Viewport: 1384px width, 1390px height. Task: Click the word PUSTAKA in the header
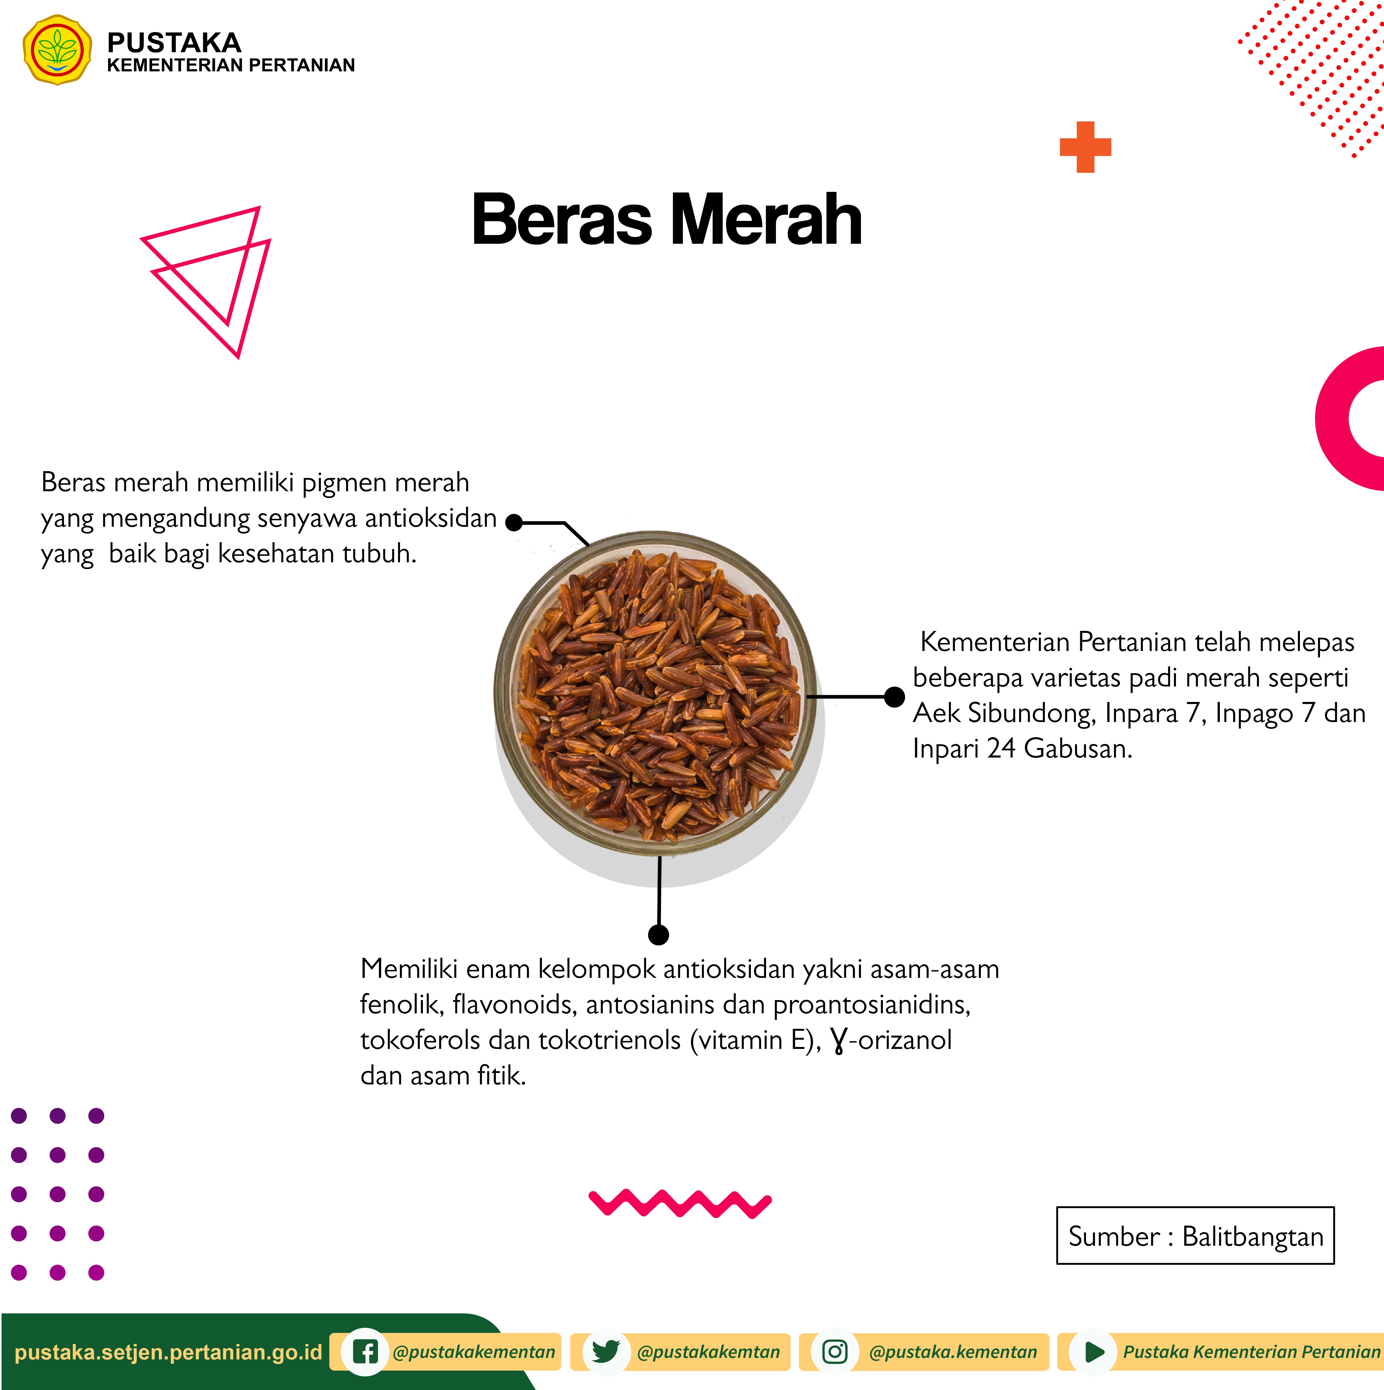tap(174, 42)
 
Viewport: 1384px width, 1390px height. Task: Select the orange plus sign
tap(1085, 147)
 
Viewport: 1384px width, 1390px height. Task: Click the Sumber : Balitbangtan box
tap(1195, 1235)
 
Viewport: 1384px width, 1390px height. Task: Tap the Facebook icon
tap(366, 1352)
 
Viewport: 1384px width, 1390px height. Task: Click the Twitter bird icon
tap(606, 1352)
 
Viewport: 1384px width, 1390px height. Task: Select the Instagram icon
tap(835, 1352)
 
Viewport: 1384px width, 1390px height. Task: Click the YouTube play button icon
tap(1093, 1352)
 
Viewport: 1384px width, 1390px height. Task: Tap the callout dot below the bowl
tap(658, 935)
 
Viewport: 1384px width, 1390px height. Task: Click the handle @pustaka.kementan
tap(953, 1352)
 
